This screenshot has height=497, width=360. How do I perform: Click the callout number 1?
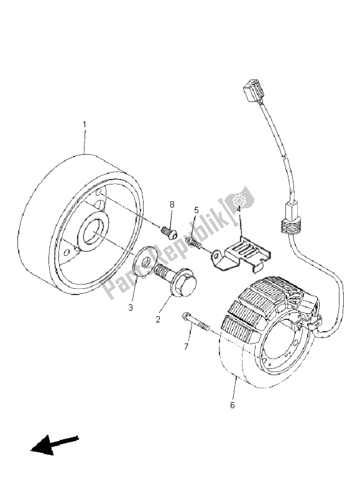85,124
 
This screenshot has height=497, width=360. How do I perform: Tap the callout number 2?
158,319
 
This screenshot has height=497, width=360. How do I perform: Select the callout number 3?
131,306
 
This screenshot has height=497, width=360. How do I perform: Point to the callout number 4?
238,209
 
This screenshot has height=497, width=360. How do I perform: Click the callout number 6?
233,405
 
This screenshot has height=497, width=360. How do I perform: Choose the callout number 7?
186,346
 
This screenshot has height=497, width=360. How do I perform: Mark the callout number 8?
172,204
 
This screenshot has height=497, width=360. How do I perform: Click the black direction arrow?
53,445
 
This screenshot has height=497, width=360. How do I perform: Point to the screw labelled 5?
192,242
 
